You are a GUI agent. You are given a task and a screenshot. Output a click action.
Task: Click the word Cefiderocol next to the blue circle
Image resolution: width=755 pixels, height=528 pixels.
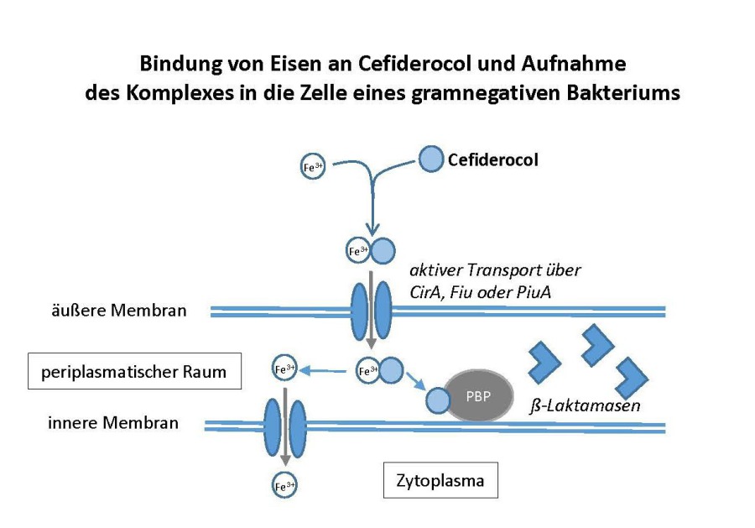[x=492, y=159]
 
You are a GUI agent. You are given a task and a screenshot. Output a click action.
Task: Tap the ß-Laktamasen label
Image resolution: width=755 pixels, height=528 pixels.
[x=587, y=406]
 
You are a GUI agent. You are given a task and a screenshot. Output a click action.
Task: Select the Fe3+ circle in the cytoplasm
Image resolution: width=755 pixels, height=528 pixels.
[x=285, y=485]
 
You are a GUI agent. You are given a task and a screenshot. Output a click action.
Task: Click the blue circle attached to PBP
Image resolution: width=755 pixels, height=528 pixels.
[x=439, y=400]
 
